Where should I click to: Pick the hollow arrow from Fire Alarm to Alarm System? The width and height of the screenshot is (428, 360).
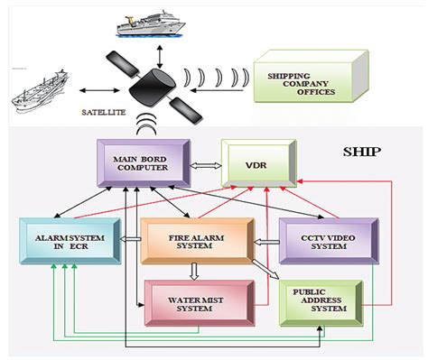point(130,241)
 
